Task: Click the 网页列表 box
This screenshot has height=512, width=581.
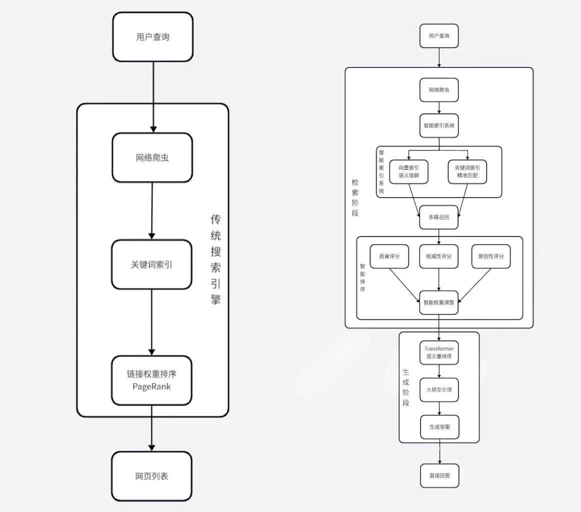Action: point(151,476)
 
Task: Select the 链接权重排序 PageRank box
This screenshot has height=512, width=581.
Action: point(151,380)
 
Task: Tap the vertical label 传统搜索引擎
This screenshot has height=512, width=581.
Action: point(215,260)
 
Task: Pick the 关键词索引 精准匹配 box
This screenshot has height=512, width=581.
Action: point(467,171)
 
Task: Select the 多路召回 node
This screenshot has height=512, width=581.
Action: point(438,217)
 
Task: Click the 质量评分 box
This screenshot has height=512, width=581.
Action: point(389,256)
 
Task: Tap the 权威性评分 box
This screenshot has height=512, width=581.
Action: point(438,256)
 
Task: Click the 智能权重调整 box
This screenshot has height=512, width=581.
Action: point(438,302)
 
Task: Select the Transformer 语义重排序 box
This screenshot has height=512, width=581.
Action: point(438,352)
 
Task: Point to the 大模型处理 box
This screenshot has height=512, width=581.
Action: point(438,389)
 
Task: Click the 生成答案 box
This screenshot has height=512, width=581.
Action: point(438,427)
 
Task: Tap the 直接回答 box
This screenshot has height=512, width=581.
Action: point(439,475)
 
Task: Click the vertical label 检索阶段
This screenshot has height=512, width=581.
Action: point(354,197)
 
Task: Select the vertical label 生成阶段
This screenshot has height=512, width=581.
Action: point(406,387)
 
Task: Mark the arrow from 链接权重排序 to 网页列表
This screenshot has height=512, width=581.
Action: point(151,427)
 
